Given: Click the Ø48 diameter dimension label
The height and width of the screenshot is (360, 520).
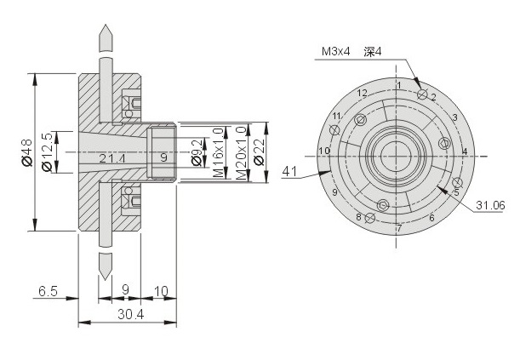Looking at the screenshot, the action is pyautogui.click(x=26, y=152).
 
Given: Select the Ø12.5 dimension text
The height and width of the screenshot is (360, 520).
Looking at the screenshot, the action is pyautogui.click(x=47, y=152).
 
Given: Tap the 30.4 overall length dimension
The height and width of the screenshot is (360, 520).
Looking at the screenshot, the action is pyautogui.click(x=131, y=314).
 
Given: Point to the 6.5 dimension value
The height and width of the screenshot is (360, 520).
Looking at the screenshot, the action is pyautogui.click(x=49, y=291).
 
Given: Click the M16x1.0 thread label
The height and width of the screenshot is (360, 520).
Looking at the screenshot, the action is pyautogui.click(x=218, y=152).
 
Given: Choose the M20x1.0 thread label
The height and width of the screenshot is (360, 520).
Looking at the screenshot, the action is pyautogui.click(x=241, y=153).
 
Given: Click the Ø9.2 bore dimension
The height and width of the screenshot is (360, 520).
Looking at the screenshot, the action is pyautogui.click(x=197, y=152).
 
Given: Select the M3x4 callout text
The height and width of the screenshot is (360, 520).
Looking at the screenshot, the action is pyautogui.click(x=335, y=51).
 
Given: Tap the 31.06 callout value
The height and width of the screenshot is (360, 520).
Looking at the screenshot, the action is pyautogui.click(x=490, y=205).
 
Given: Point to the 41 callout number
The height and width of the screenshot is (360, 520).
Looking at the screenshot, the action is pyautogui.click(x=289, y=172).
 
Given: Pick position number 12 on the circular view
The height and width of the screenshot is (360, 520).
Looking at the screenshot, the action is pyautogui.click(x=363, y=93).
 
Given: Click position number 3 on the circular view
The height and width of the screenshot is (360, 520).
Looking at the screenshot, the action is pyautogui.click(x=455, y=117).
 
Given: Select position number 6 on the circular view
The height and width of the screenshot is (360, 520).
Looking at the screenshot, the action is pyautogui.click(x=431, y=218).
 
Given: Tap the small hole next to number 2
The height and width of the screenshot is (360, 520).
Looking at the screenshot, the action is pyautogui.click(x=422, y=94).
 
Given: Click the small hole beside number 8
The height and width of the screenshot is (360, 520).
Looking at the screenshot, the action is pyautogui.click(x=369, y=218).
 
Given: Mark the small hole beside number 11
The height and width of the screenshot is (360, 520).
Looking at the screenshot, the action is pyautogui.click(x=335, y=129).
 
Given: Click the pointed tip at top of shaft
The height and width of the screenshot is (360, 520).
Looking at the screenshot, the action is pyautogui.click(x=106, y=25).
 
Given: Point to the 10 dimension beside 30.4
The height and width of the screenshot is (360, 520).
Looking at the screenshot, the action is pyautogui.click(x=161, y=291).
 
